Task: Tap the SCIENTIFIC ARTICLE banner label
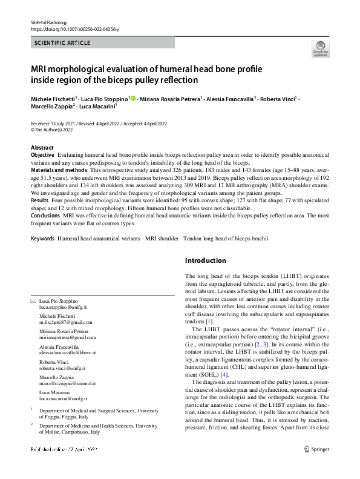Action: pos(63,43)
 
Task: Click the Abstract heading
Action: pos(42,148)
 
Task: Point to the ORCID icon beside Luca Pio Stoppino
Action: pos(132,98)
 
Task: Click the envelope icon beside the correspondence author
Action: pos(33,301)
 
